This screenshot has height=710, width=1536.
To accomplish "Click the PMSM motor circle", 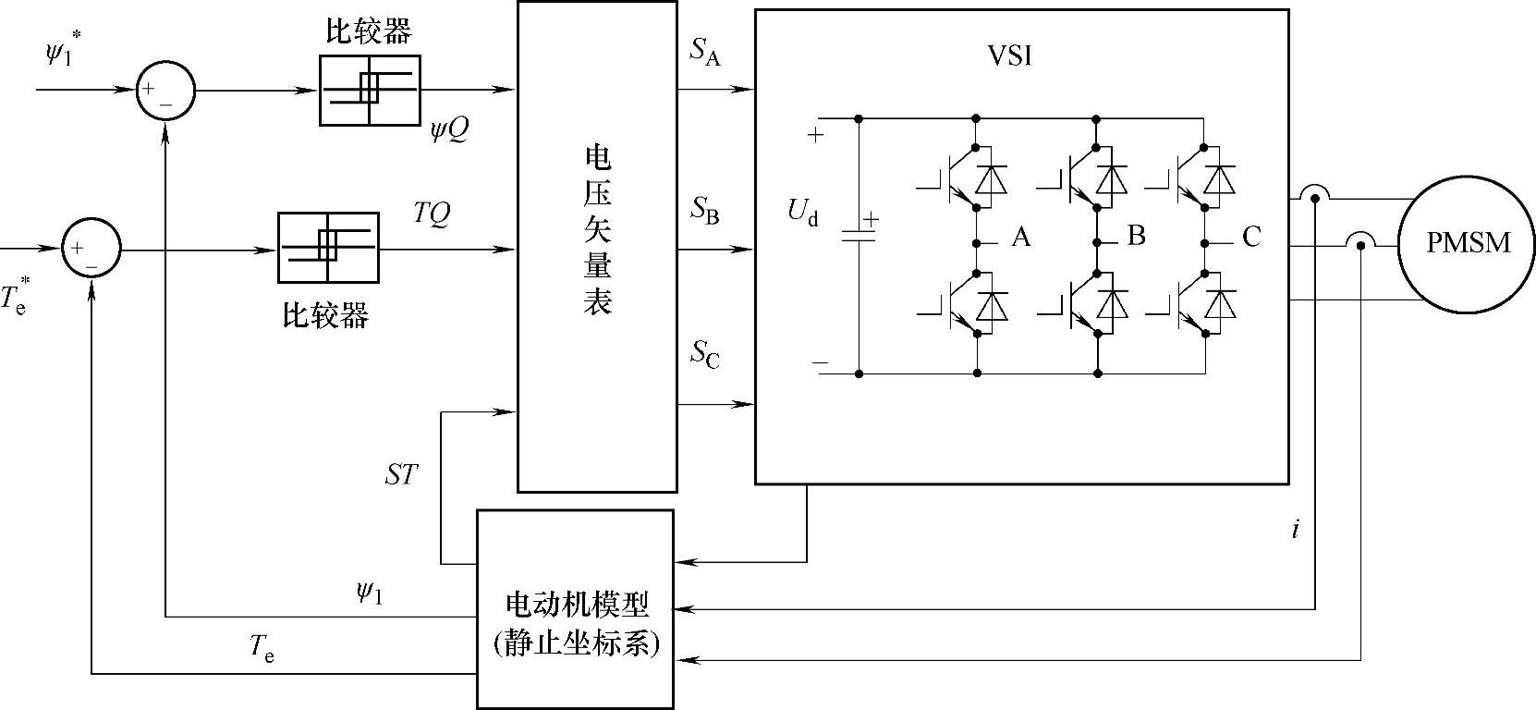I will (x=1467, y=243).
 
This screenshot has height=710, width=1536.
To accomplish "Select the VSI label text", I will (x=1009, y=55).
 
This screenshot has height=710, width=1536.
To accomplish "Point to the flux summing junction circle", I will (x=165, y=91).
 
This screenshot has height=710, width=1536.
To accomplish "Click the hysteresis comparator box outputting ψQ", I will (x=370, y=90).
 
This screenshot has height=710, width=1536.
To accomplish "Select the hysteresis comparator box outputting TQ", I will (x=328, y=248).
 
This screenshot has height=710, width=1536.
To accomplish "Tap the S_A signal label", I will (x=704, y=53).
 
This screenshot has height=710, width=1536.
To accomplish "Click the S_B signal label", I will (x=704, y=211).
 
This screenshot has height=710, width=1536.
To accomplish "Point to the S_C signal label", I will (x=704, y=354).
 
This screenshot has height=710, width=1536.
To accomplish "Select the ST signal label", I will (x=401, y=475).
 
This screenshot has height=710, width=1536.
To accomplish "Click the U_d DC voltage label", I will (x=802, y=214).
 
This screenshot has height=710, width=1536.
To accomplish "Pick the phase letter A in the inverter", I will (x=1020, y=238).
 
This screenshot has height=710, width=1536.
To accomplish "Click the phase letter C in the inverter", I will (x=1250, y=238).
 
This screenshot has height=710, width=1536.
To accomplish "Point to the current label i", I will (x=1296, y=530).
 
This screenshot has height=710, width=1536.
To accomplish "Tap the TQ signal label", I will (x=432, y=214).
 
